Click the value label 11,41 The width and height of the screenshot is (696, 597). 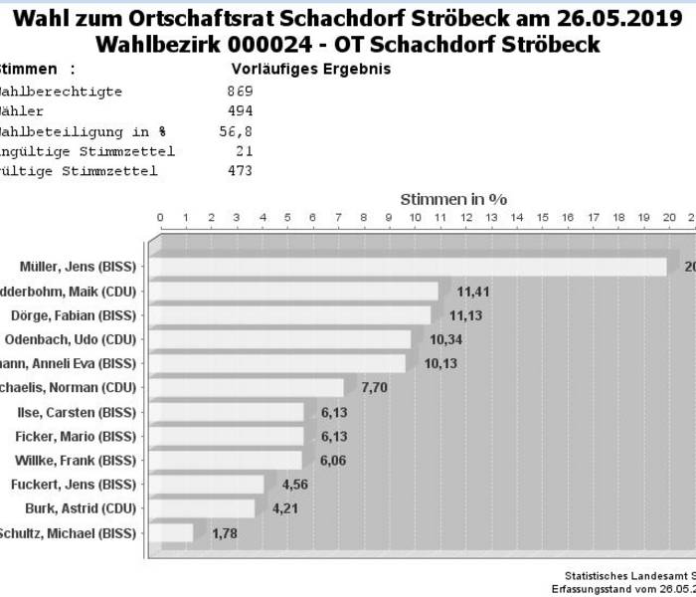[x=473, y=292]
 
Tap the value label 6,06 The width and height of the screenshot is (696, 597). [x=335, y=461]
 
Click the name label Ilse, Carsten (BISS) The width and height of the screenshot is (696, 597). [x=77, y=412]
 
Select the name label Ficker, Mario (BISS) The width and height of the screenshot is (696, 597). [x=76, y=436]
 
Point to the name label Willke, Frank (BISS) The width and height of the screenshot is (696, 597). [x=76, y=461]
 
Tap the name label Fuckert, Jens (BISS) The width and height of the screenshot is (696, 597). [x=73, y=485]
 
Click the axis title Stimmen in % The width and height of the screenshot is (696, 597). [x=453, y=199]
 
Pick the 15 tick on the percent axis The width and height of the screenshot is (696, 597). [x=542, y=218]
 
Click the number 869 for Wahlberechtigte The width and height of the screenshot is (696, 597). [x=240, y=92]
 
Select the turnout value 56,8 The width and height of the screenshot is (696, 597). [x=237, y=131]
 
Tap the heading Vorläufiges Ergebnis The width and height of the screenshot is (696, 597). [x=311, y=70]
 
